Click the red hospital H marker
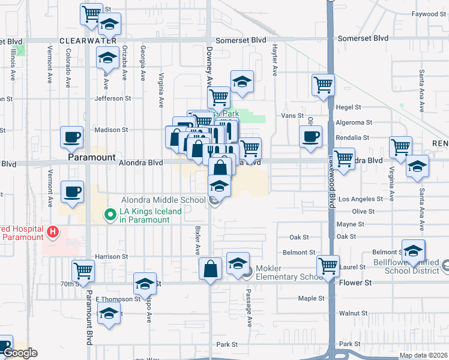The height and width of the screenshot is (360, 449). pos(53,232)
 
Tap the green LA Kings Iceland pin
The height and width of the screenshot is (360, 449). pos(110,214)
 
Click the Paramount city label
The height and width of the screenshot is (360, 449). pos(91,157)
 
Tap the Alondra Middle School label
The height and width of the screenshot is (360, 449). pos(163,199)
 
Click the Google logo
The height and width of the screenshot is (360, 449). pos(19,353)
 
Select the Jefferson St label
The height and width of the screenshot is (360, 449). pos(112,98)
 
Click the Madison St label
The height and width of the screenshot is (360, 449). pos(111,130)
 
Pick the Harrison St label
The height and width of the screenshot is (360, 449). pos(112,257)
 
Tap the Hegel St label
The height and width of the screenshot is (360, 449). pos(348,107)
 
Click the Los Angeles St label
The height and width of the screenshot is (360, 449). pos(360,199)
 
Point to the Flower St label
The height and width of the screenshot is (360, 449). pos(355,283)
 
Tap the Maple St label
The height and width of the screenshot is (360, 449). pos(311,298)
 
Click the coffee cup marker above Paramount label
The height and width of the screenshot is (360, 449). pos(71,137)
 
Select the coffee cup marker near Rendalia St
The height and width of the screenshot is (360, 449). pos(310,136)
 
